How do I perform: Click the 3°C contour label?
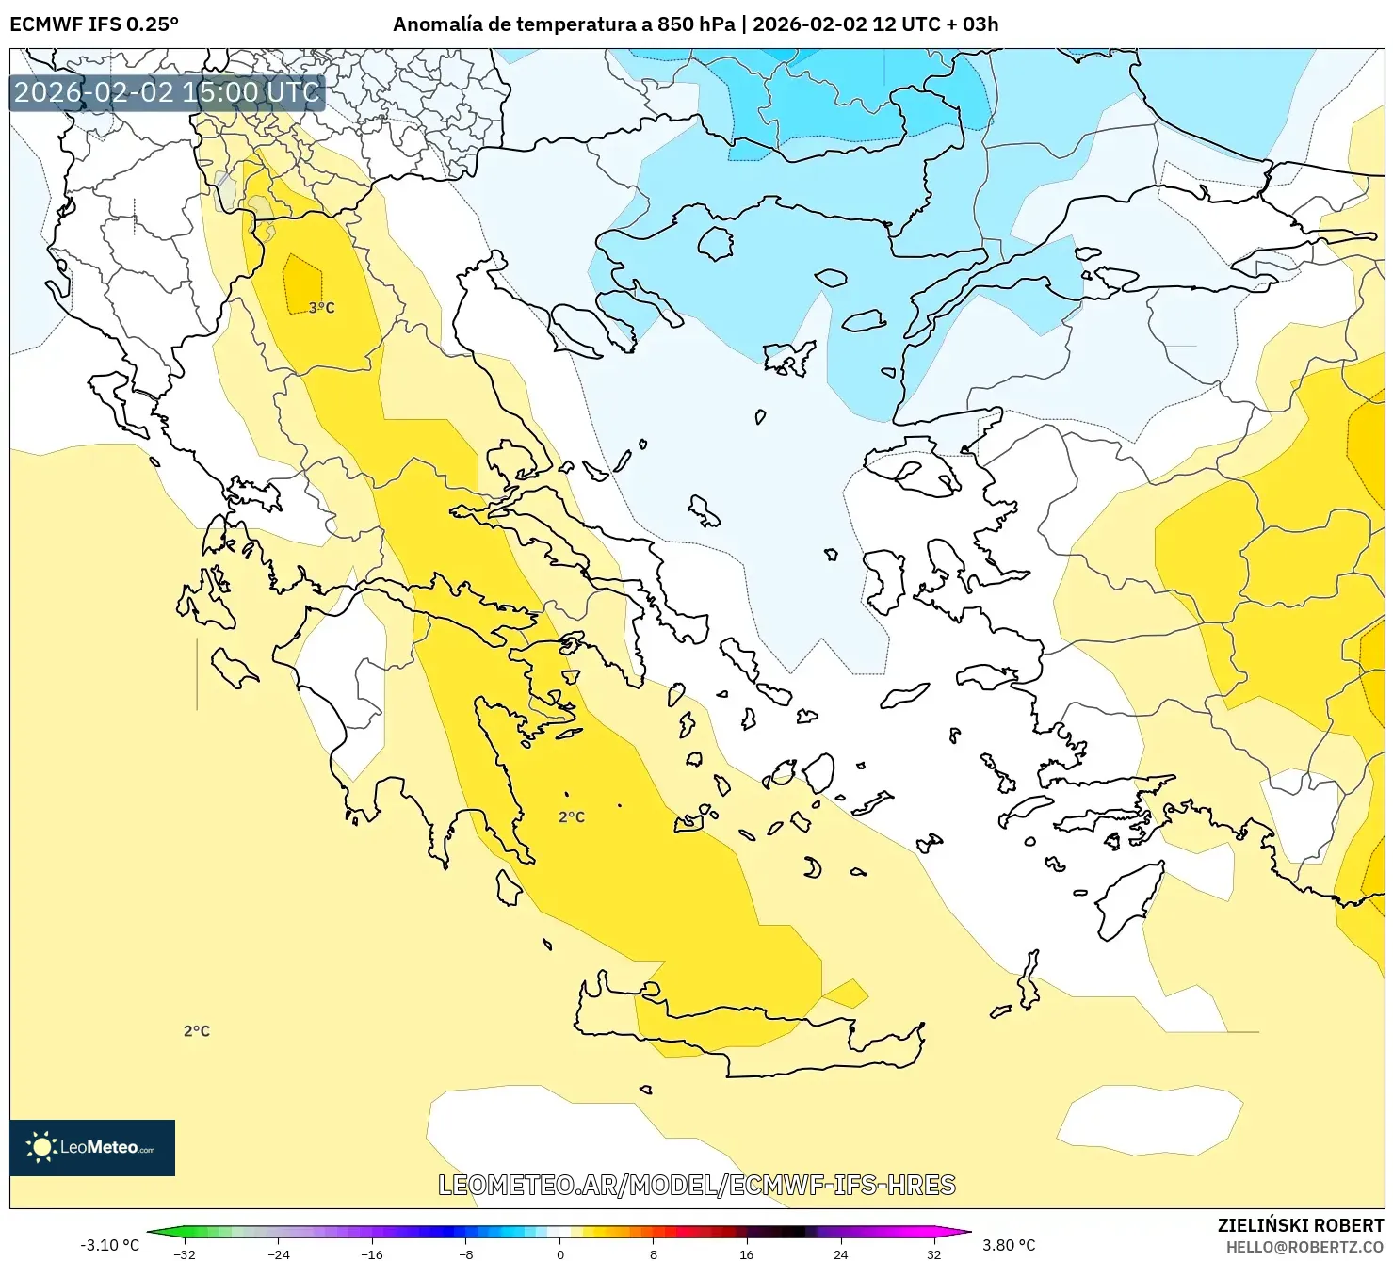pyautogui.click(x=322, y=308)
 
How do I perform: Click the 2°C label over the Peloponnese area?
pyautogui.click(x=572, y=816)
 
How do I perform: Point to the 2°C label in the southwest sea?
pyautogui.click(x=197, y=1031)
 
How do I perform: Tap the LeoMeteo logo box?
pyautogui.click(x=92, y=1147)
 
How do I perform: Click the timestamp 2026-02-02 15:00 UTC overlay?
pyautogui.click(x=167, y=92)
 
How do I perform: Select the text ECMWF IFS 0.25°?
pyautogui.click(x=94, y=24)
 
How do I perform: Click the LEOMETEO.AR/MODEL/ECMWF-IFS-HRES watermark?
pyautogui.click(x=697, y=1185)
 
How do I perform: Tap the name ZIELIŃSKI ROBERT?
pyautogui.click(x=1301, y=1225)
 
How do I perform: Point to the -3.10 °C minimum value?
pyautogui.click(x=109, y=1245)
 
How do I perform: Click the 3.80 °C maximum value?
pyautogui.click(x=1009, y=1245)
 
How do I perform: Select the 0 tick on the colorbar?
pyautogui.click(x=560, y=1253)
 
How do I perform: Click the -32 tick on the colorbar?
pyautogui.click(x=186, y=1253)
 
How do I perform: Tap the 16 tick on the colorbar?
pyautogui.click(x=747, y=1253)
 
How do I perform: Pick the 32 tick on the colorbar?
pyautogui.click(x=933, y=1253)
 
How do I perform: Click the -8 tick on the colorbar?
pyautogui.click(x=466, y=1253)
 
